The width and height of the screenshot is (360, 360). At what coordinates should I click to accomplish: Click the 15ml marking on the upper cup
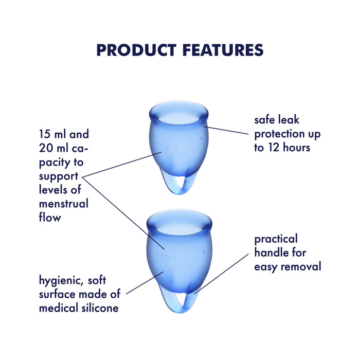pyautogui.click(x=169, y=148)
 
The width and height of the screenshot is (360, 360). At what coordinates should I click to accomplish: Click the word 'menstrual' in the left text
pyautogui.click(x=63, y=203)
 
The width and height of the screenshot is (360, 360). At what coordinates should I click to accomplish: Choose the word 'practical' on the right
pyautogui.click(x=276, y=239)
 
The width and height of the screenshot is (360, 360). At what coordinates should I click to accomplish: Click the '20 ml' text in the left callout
pyautogui.click(x=53, y=149)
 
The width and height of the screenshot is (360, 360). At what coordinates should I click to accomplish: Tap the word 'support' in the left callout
pyautogui.click(x=59, y=176)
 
